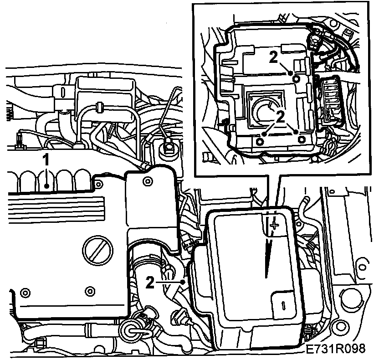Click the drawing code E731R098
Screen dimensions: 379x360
[x=335, y=349]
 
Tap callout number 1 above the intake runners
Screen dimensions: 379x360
[x=46, y=160]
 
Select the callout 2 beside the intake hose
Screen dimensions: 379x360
[x=150, y=282]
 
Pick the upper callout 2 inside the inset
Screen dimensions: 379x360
[x=273, y=57]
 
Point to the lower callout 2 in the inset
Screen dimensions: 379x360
[x=281, y=117]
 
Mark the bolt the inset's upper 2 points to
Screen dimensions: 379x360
[x=297, y=78]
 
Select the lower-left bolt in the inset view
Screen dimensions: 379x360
[x=259, y=142]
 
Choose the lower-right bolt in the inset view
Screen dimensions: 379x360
[x=302, y=139]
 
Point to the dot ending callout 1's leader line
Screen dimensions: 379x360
[x=47, y=186]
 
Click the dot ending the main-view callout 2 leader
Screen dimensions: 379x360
[x=184, y=282]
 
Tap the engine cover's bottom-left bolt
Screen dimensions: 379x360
[x=25, y=293]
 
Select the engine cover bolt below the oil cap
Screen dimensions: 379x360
[x=90, y=290]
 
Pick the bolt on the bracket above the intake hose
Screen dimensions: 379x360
[x=148, y=181]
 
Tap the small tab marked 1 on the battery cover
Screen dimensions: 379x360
[x=283, y=305]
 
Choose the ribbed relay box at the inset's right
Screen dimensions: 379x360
[x=330, y=100]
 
